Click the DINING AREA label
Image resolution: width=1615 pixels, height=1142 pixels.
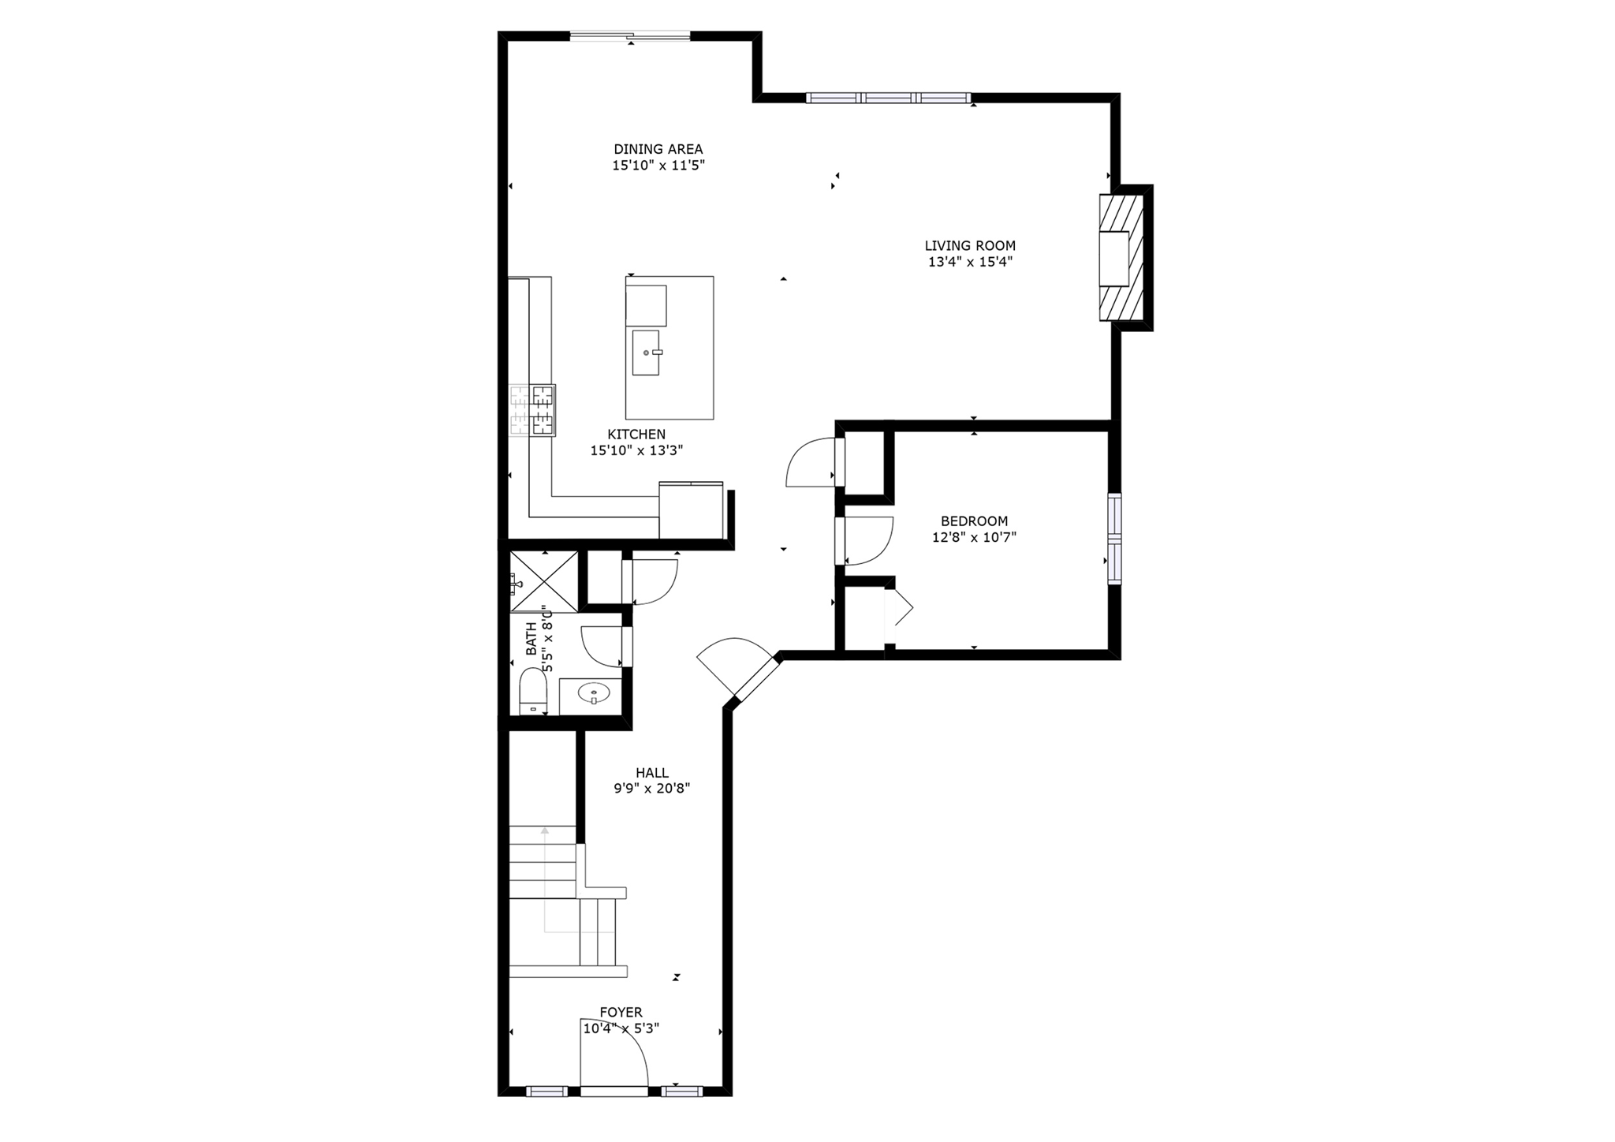[x=658, y=149]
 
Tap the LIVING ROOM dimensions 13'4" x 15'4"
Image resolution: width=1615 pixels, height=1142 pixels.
[x=970, y=262]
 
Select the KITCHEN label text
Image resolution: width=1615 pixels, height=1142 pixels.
[x=636, y=434]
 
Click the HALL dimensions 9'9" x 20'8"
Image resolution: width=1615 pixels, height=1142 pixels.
[x=652, y=788]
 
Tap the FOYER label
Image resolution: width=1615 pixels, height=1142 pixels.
[x=621, y=1012]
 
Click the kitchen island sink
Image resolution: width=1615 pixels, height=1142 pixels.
[x=646, y=353]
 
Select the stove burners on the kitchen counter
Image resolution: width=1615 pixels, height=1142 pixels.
[x=533, y=409]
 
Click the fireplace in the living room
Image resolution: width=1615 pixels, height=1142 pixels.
[x=1121, y=258]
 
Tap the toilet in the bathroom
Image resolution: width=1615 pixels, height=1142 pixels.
[x=534, y=692]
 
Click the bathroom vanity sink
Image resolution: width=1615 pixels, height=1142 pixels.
[x=593, y=693]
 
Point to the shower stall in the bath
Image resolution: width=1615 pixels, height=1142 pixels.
[x=544, y=580]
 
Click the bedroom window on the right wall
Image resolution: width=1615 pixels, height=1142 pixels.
[x=1113, y=539]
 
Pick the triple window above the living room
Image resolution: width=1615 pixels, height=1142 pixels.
[x=888, y=98]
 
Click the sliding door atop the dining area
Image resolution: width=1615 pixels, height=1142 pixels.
[x=629, y=35]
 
